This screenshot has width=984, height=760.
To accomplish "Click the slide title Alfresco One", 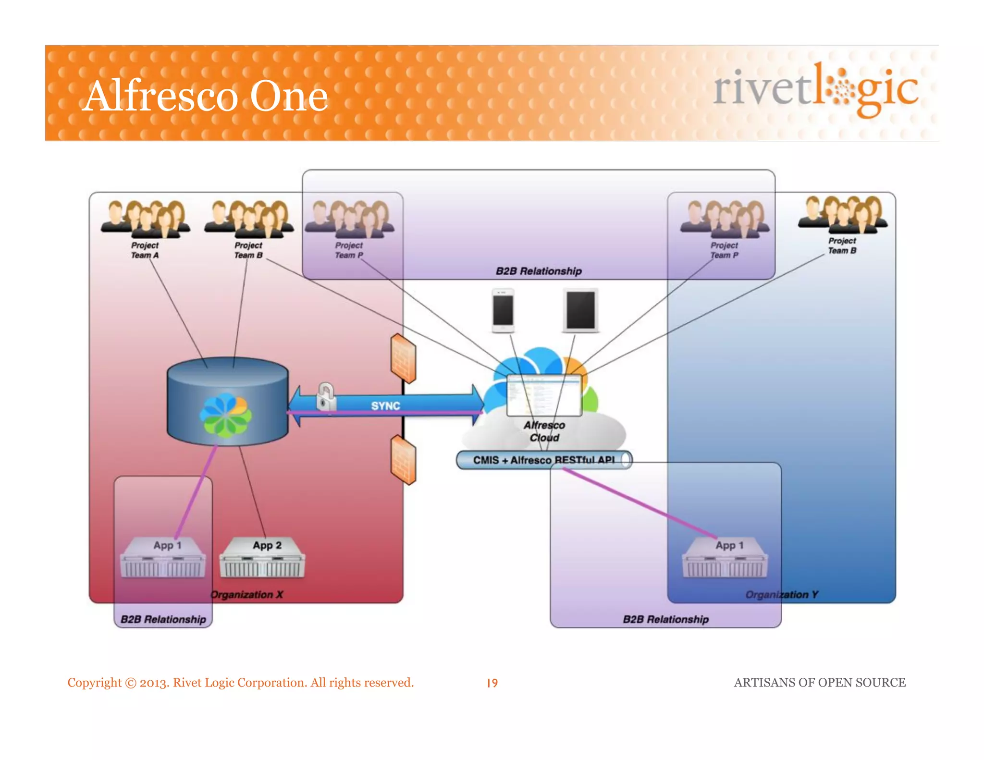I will [x=205, y=96].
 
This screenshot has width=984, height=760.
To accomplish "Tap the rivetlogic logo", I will [x=815, y=89].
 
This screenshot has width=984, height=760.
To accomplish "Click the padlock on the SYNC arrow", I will [x=326, y=397].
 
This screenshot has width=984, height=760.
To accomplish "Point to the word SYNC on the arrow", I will [x=385, y=406].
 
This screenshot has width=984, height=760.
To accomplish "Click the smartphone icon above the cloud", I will [x=503, y=310].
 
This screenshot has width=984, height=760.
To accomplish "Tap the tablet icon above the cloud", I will [x=580, y=310].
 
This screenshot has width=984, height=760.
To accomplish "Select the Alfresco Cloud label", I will [x=544, y=431].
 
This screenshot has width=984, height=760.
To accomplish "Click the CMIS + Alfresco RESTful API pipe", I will [x=543, y=460].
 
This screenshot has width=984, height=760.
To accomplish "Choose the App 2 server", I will [x=262, y=558].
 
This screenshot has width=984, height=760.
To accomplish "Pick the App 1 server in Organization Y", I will [x=725, y=558].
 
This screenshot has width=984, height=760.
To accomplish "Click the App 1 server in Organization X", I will [x=163, y=558].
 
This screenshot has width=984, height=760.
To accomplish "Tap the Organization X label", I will [x=247, y=595].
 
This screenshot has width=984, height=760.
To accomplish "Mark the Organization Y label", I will [x=781, y=595].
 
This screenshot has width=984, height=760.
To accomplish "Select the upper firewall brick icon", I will [x=403, y=358].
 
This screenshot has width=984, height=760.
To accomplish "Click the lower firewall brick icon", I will [x=403, y=460].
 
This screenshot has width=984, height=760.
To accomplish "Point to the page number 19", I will [x=492, y=683].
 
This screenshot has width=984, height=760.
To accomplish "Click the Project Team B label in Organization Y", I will [x=842, y=245].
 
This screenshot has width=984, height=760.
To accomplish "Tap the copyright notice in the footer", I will [x=240, y=683].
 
